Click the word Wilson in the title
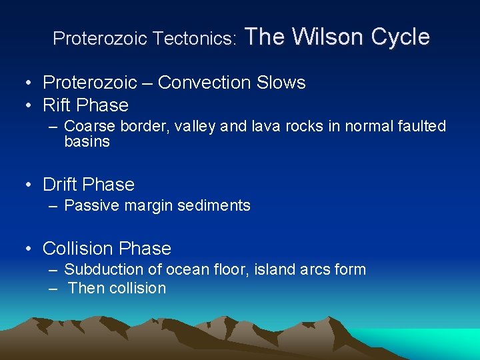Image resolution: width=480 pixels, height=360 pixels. click(x=324, y=37)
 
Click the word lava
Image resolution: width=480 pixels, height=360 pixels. click(x=261, y=127)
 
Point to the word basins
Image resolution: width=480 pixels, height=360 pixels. click(x=87, y=141)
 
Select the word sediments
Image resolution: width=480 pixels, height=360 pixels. click(x=216, y=205)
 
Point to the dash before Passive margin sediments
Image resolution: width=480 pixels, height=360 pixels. click(x=53, y=205)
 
